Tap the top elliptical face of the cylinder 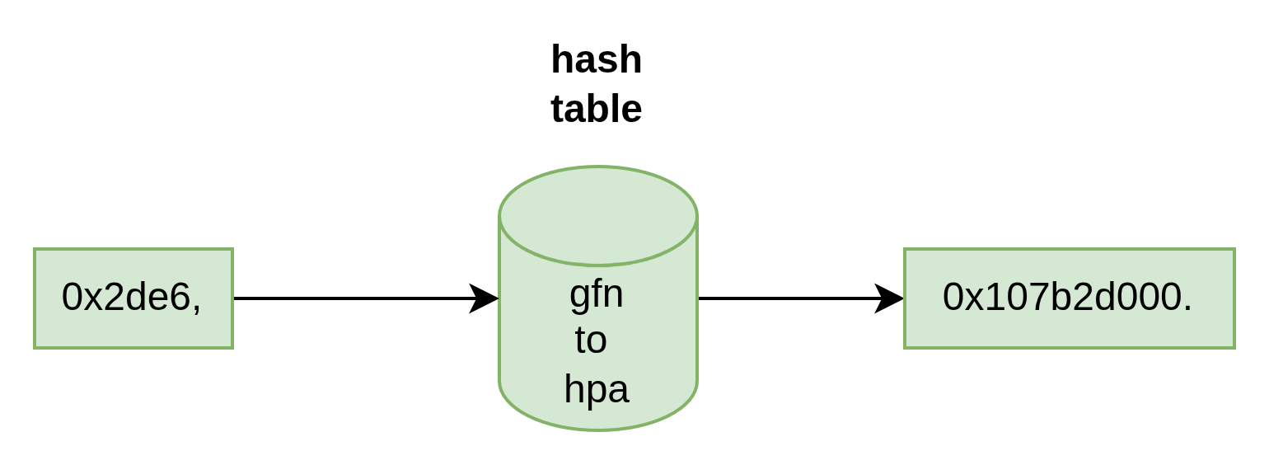(598, 215)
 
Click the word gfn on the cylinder (597, 295)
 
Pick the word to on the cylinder (591, 341)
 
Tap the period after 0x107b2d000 (1187, 308)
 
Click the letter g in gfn (579, 298)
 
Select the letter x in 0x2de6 (91, 299)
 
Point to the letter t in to (580, 340)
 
